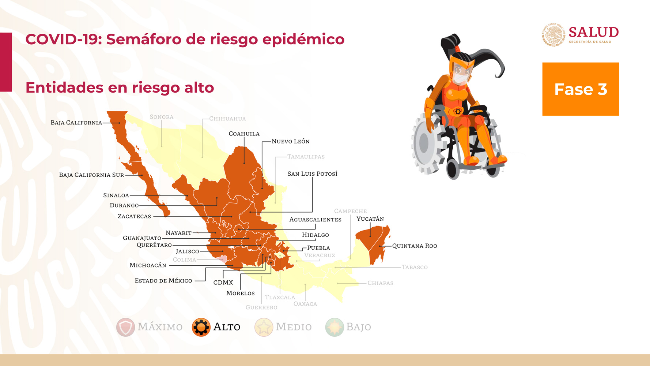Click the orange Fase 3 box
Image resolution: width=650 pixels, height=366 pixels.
(x=580, y=89)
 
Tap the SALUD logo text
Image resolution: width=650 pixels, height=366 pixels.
(x=593, y=33)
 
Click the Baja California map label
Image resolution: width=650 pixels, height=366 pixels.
(x=76, y=123)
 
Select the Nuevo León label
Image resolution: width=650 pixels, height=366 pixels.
(x=290, y=141)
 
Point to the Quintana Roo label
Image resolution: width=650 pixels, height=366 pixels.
(x=415, y=246)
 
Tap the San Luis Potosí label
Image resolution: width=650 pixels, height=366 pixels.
(x=312, y=173)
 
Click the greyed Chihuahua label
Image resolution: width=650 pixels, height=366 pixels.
(x=227, y=119)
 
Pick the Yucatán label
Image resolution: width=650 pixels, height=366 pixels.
(x=370, y=219)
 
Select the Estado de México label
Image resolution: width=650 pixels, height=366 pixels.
(x=163, y=281)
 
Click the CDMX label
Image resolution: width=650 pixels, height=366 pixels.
(x=223, y=283)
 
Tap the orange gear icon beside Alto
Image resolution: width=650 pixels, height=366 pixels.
(x=201, y=327)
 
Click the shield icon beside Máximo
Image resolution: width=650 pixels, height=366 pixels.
(x=125, y=327)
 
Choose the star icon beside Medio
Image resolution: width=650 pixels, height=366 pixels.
(x=264, y=327)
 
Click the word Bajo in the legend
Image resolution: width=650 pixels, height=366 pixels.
(x=358, y=327)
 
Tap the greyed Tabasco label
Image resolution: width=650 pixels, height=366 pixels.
(x=415, y=267)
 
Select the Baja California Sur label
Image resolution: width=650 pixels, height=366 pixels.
(x=91, y=175)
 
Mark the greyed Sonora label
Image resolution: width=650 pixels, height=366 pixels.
(x=161, y=117)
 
